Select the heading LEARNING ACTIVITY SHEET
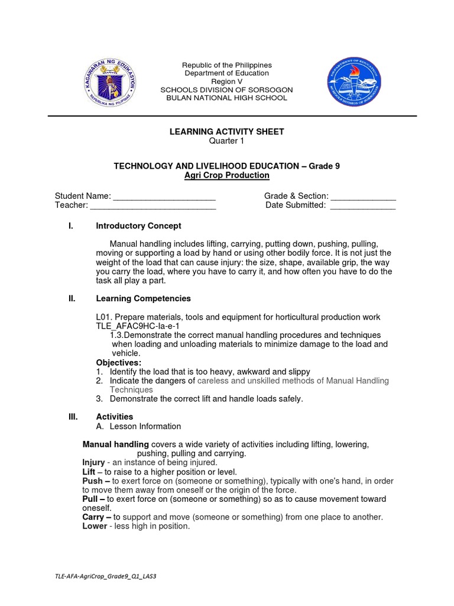coord(226,131)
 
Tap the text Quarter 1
coord(226,140)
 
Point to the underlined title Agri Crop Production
coord(226,176)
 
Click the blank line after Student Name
coord(164,197)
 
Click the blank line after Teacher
coord(153,206)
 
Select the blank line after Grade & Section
coord(363,197)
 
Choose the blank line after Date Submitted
coord(362,206)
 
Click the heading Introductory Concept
coord(138,226)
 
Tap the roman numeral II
coord(72,299)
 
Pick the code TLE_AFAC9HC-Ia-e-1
coord(137,326)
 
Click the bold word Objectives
coord(119,362)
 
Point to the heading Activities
coord(114,417)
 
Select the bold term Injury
coord(93,462)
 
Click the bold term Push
coord(92,481)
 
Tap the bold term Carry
coord(93,517)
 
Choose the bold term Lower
coord(95,526)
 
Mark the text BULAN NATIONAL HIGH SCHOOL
coord(226,98)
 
